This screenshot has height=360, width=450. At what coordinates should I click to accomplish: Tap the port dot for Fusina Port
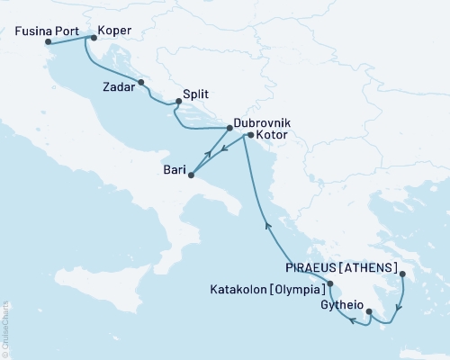tap(47, 41)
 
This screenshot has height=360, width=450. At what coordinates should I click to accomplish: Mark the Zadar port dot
tap(141, 84)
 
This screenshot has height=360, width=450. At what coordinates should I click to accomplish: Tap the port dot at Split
tap(176, 102)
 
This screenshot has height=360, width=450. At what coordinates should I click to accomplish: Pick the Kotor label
tap(271, 135)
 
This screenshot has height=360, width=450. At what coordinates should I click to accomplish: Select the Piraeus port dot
tap(402, 274)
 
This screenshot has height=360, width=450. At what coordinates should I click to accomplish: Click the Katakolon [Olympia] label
tap(268, 290)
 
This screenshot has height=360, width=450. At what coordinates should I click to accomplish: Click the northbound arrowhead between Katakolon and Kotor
tap(267, 226)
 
